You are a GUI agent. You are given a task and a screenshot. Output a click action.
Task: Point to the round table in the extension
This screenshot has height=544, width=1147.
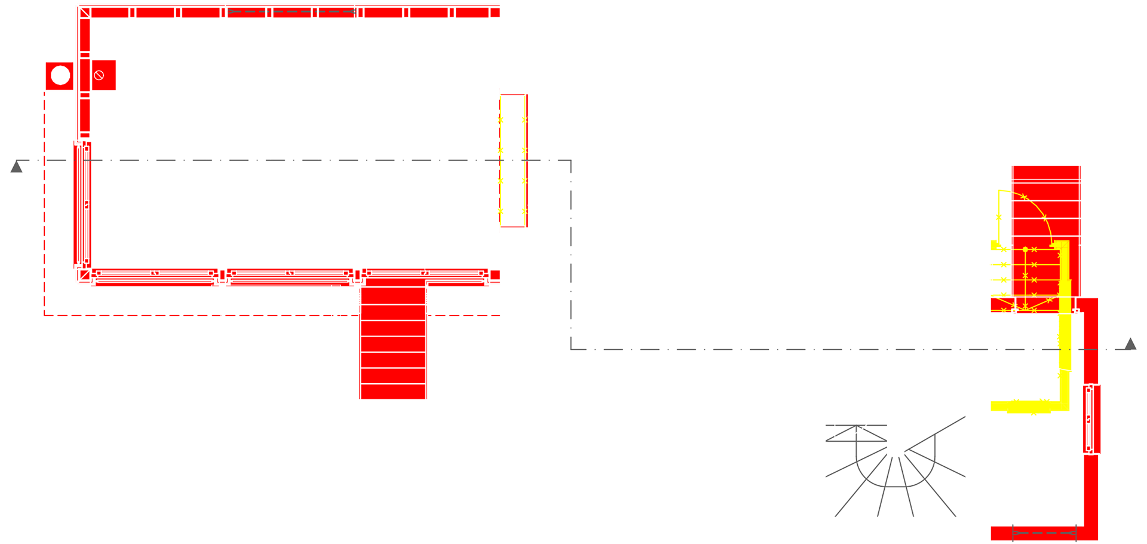[x=296, y=136]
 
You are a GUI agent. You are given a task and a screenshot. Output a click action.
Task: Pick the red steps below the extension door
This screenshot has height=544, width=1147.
[x=394, y=343]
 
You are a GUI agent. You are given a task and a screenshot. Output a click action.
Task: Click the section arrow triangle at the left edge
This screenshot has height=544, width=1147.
[x=17, y=167]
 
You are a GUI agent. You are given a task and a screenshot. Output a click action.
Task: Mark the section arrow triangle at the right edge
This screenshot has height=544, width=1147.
[x=1130, y=343]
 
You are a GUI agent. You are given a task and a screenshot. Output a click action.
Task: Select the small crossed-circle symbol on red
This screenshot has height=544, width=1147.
[x=99, y=75]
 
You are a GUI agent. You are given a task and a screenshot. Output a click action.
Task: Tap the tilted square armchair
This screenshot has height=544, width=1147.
[x=193, y=97]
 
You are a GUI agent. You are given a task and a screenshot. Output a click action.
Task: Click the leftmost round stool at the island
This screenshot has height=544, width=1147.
[x=603, y=357]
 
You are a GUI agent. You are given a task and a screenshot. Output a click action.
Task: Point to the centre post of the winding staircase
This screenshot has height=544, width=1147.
[x=895, y=421]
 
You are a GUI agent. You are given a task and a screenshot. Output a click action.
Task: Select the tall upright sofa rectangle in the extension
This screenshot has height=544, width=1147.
[x=401, y=136]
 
